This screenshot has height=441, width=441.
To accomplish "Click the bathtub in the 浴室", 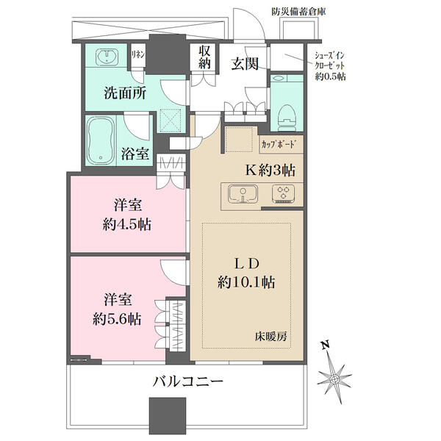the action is (x=101, y=140).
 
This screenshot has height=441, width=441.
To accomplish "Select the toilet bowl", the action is (x=287, y=118).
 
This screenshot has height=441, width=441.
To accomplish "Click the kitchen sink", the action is (x=243, y=193).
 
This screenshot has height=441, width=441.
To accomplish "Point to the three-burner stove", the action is (x=283, y=193).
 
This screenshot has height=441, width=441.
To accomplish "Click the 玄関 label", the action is (x=245, y=63).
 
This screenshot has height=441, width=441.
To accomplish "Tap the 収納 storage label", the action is (x=204, y=57).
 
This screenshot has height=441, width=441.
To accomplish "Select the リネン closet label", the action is (x=138, y=54).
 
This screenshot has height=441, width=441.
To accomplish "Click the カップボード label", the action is (x=279, y=144).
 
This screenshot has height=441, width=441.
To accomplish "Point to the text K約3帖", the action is (x=270, y=171).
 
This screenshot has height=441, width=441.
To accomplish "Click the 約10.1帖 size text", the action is (x=246, y=282).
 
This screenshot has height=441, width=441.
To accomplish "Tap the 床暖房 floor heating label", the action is (x=271, y=337).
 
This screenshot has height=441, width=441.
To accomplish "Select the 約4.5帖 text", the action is (x=127, y=225).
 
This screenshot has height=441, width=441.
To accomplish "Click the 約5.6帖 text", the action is (x=118, y=319).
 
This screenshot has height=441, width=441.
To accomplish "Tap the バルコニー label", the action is (x=188, y=381).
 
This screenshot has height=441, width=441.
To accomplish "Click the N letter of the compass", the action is (x=326, y=345).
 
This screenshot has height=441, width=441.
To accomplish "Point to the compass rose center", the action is (x=334, y=379).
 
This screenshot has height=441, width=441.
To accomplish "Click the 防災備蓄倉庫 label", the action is (x=299, y=12).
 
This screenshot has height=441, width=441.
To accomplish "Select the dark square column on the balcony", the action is (x=168, y=416).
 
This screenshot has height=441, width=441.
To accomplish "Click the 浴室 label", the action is (x=135, y=154).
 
